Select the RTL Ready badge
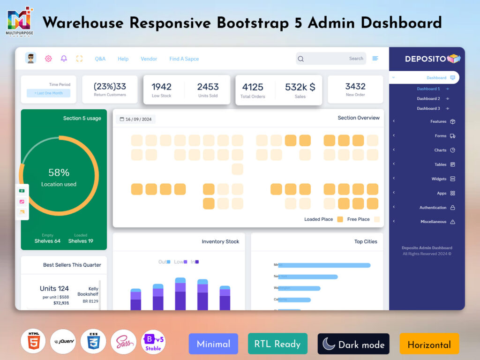point(277,344)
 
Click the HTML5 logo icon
point(33,342)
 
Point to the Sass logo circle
point(123,342)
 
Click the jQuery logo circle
point(63,342)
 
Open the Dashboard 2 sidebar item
point(428,98)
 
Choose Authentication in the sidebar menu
point(433,207)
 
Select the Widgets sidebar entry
point(439,179)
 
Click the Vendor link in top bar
point(149,59)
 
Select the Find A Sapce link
point(184,59)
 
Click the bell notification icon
point(64,59)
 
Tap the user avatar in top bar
point(31,58)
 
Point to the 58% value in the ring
point(59,172)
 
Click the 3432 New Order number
point(355,86)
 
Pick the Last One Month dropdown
point(48,93)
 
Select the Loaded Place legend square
point(340,219)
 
